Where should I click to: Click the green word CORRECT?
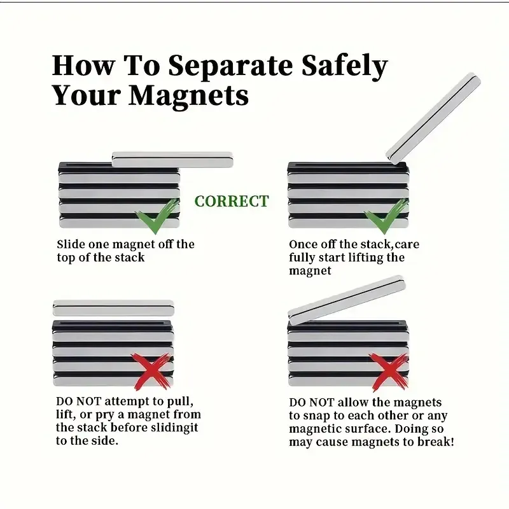tap(232, 201)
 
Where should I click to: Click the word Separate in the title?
tap(230, 66)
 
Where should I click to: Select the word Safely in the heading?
tap(344, 67)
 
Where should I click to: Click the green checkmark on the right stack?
tap(386, 216)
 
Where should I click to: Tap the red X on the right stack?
tap(389, 372)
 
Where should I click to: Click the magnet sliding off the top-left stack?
tap(172, 160)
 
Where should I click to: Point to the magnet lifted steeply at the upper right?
tap(433, 118)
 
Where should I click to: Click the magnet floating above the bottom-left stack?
tap(113, 308)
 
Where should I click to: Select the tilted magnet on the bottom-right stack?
tap(347, 300)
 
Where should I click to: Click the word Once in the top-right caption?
tap(303, 244)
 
